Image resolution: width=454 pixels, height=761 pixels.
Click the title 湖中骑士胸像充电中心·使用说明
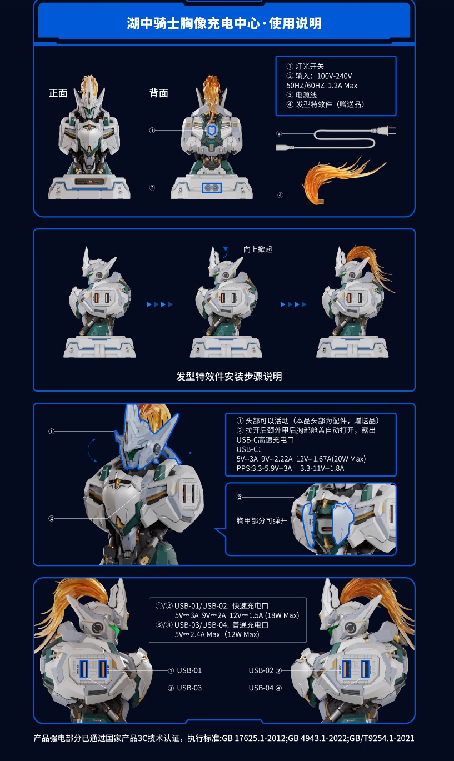[224, 24]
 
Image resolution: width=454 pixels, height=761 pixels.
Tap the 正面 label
[58, 93]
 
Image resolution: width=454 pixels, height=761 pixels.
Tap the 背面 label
[158, 93]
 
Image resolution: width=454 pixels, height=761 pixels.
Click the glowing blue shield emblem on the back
[211, 130]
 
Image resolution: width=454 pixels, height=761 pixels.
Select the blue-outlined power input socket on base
[211, 188]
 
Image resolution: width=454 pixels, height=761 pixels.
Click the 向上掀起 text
[258, 249]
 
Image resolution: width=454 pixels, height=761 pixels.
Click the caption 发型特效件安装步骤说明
[229, 377]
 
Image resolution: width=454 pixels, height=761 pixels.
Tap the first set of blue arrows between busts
[159, 304]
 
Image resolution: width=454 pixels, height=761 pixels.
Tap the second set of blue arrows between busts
[293, 304]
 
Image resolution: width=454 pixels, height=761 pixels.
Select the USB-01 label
[189, 670]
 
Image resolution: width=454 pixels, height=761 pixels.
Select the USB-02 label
[261, 670]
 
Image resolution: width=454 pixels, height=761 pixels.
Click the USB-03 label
[189, 688]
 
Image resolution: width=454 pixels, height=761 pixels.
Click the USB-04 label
[261, 688]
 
